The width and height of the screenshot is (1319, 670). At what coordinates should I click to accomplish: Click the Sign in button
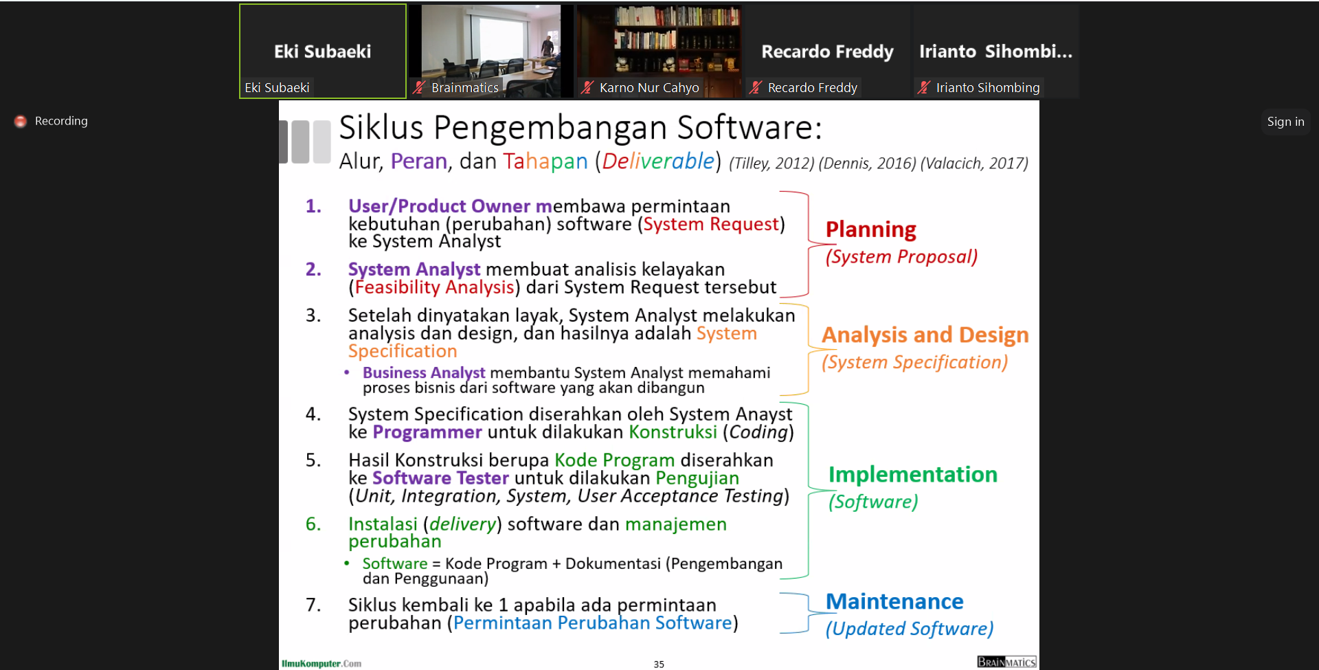click(x=1285, y=122)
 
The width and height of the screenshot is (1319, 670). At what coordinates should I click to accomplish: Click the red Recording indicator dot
click(x=21, y=121)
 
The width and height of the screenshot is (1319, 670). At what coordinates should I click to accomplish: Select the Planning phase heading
click(x=871, y=230)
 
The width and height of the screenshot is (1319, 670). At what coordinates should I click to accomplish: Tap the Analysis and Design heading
click(x=925, y=335)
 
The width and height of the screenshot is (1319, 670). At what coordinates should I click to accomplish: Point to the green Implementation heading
click(x=913, y=474)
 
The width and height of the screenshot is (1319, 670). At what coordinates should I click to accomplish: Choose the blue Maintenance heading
click(x=894, y=601)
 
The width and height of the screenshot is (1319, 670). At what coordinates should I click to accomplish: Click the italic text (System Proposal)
click(x=901, y=257)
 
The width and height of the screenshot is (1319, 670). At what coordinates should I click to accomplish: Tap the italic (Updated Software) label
click(x=910, y=629)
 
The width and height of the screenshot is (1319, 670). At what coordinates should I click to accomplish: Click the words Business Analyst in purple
click(x=424, y=372)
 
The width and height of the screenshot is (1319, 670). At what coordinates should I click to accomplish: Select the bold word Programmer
click(x=427, y=432)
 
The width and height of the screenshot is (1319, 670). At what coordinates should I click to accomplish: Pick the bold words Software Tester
click(x=440, y=478)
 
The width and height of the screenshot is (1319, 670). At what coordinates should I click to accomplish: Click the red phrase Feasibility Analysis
click(x=434, y=287)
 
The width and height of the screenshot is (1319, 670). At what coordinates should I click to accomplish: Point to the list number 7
click(x=313, y=605)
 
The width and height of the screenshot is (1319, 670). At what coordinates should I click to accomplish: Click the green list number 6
click(x=313, y=524)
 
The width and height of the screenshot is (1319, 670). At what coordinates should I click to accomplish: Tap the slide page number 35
click(x=659, y=665)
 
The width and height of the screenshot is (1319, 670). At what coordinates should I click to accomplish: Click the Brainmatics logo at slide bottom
click(x=1006, y=662)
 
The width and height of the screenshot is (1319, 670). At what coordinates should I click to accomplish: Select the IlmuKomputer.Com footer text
click(x=322, y=664)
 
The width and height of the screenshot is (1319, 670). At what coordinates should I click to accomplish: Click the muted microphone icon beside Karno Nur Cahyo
click(x=587, y=87)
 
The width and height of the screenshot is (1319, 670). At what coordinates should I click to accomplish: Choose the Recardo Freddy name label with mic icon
click(x=804, y=87)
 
